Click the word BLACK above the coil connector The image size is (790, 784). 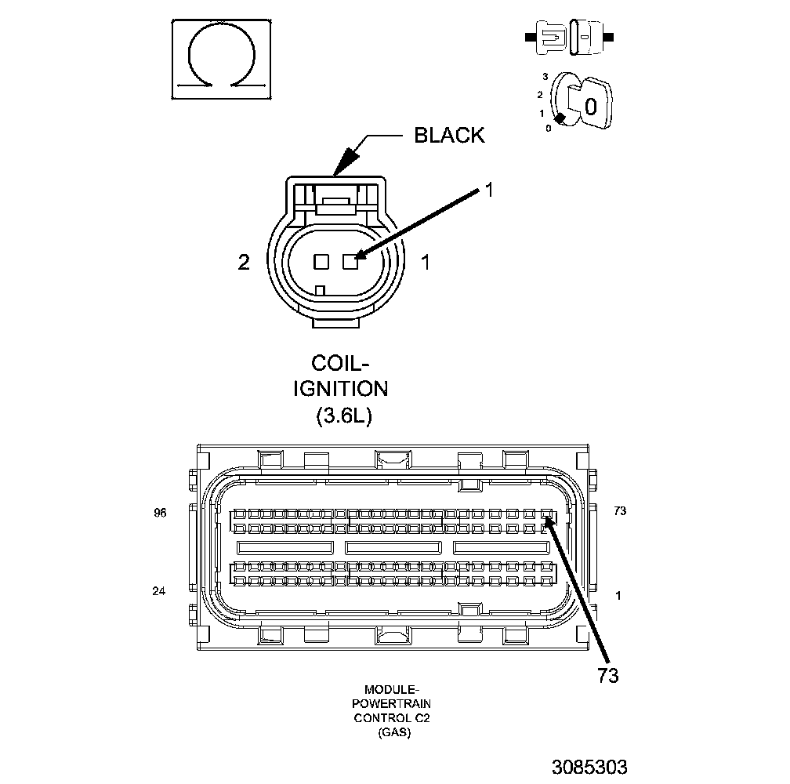point(449,136)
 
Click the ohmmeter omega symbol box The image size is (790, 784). point(222,60)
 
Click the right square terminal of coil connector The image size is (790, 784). point(350,262)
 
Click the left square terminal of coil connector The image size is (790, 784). point(321,262)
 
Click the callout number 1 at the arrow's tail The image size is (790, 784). point(487,189)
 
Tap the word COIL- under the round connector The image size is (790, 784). point(340,364)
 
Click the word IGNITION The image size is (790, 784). point(340,389)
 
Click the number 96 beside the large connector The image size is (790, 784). point(161,512)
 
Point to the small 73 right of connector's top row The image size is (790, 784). point(620,511)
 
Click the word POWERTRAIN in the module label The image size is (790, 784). point(392,703)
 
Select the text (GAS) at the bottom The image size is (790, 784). point(392,733)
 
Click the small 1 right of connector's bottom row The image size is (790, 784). point(619,595)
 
